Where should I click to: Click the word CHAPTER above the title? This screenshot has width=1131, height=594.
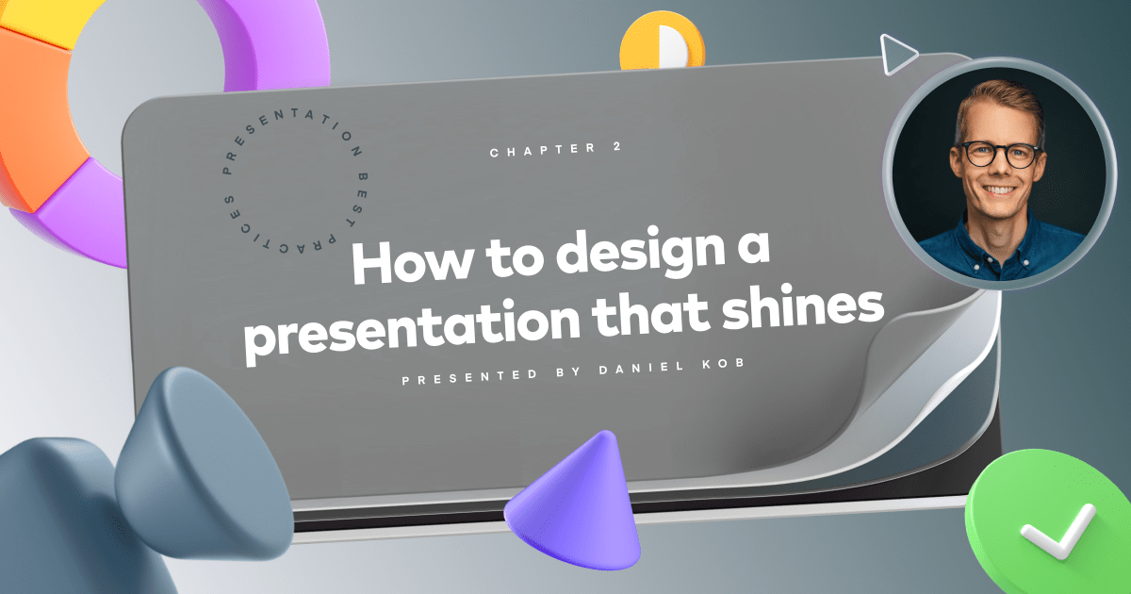pos(532,150)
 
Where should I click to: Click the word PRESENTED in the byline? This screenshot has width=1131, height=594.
pos(463,379)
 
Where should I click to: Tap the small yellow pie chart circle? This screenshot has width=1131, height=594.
pos(660,43)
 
